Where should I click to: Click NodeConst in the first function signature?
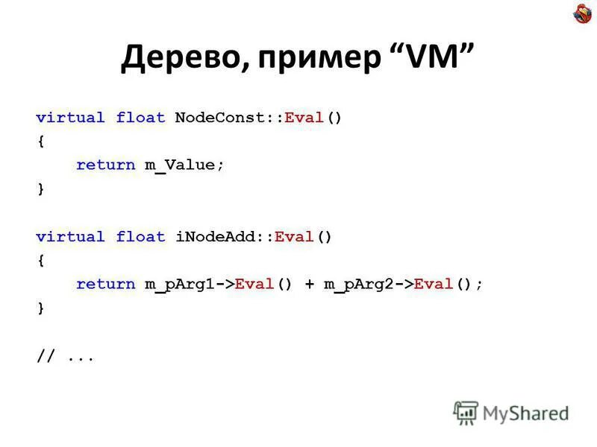click(x=219, y=118)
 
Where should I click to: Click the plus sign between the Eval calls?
click(x=309, y=285)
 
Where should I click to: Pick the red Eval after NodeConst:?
click(x=304, y=118)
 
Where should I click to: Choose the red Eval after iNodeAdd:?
click(x=294, y=237)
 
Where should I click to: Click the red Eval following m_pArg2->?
click(x=434, y=285)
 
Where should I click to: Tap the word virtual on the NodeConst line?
click(x=71, y=118)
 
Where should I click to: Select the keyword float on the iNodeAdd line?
click(x=140, y=237)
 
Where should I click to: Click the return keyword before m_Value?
click(x=105, y=165)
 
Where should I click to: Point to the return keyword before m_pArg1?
click(x=105, y=285)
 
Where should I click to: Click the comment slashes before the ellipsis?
click(x=46, y=356)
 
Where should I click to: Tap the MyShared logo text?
click(x=525, y=412)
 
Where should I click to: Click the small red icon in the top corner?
click(x=582, y=13)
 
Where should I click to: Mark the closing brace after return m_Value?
click(x=40, y=189)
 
